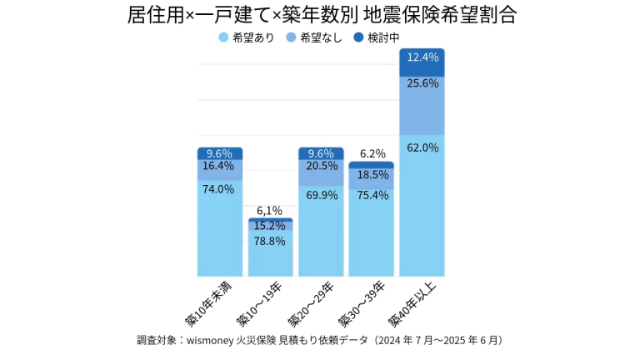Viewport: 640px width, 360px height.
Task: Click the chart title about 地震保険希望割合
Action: (321, 15)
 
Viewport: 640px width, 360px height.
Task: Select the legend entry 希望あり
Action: (247, 37)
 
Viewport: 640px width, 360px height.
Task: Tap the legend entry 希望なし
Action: (317, 37)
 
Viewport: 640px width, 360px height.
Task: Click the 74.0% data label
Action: (219, 189)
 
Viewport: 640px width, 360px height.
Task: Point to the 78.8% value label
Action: (270, 241)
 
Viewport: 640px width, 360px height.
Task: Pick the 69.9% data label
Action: (321, 195)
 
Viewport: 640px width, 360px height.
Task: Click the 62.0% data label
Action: (422, 147)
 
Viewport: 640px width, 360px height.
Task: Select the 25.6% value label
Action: (422, 83)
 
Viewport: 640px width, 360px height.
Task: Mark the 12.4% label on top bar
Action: (422, 57)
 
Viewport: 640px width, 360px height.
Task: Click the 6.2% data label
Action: (372, 153)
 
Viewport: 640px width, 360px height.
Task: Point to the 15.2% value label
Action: (270, 226)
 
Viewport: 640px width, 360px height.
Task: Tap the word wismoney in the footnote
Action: (212, 340)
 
